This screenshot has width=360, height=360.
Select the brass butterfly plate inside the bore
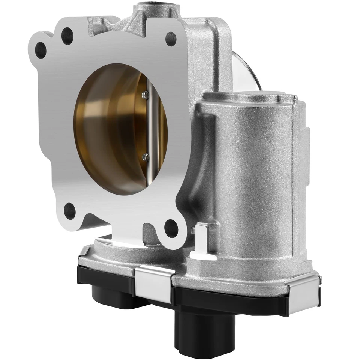[112, 127]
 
